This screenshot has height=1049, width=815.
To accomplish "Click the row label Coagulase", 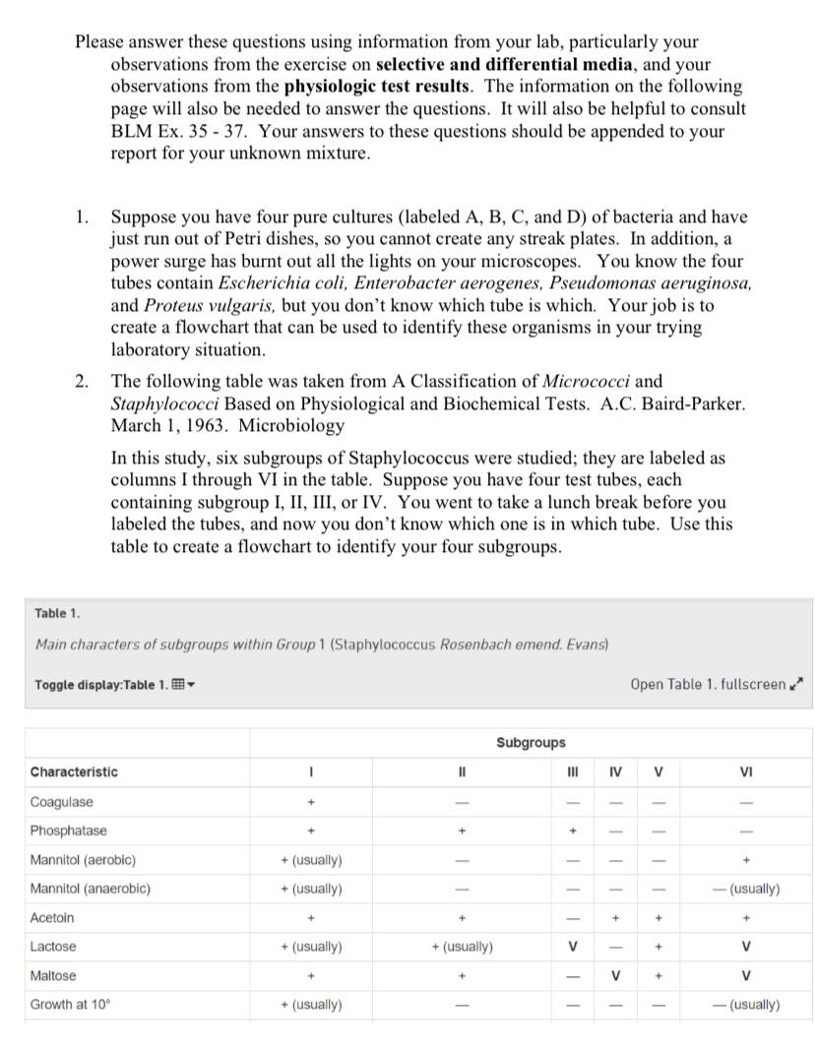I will (x=61, y=801).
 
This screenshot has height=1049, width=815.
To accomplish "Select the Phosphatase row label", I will (x=68, y=830).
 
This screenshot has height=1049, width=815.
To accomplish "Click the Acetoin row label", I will (x=52, y=917).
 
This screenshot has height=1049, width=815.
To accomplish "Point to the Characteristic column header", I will (x=74, y=771).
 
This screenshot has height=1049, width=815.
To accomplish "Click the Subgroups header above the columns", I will (x=531, y=742).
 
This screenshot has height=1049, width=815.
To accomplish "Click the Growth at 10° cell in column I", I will (x=311, y=1005).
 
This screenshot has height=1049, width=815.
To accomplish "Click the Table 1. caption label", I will (x=56, y=613).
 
